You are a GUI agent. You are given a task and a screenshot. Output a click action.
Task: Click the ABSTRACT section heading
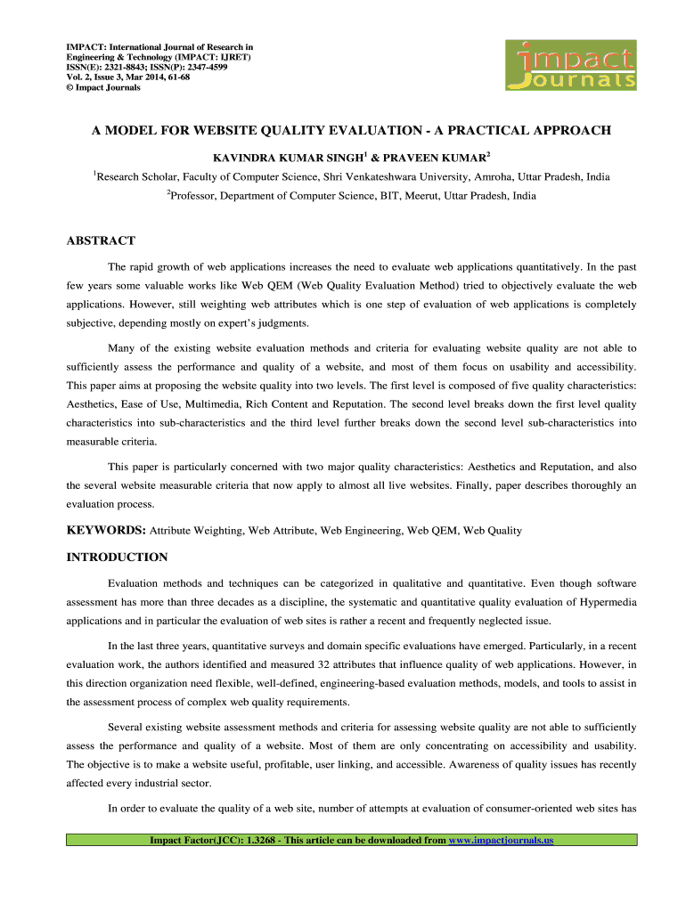click(102, 240)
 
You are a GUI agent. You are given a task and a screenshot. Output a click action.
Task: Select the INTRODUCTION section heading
click(118, 558)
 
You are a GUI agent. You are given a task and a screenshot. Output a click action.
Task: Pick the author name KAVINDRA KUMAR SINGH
click(282, 157)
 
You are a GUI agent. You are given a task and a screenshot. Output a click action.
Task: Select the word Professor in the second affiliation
click(193, 195)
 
